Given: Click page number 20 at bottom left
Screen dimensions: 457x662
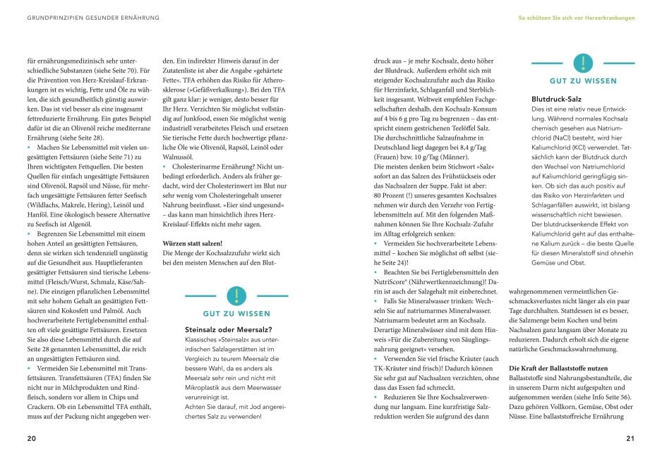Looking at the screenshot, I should tap(31, 438).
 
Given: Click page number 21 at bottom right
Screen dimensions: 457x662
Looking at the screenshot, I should tap(630, 438).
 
